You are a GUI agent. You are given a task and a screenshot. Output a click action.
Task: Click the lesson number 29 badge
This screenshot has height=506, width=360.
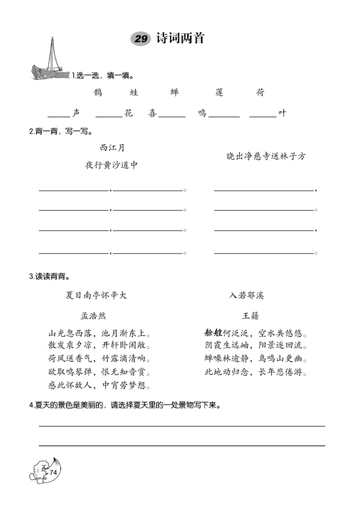140,38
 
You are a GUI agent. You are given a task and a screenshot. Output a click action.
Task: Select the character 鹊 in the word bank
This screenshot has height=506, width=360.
98,92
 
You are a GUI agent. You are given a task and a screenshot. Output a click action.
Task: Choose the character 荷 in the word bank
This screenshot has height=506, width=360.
260,92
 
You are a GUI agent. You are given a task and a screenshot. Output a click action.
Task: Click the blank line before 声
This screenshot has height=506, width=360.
59,115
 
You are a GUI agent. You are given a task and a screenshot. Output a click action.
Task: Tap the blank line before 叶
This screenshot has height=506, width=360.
263,115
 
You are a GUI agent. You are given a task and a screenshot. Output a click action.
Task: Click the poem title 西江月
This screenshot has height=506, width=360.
112,147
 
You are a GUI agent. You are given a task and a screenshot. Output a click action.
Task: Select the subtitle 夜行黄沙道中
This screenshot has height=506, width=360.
111,165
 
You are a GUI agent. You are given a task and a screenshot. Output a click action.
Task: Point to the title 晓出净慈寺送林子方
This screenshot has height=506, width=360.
266,157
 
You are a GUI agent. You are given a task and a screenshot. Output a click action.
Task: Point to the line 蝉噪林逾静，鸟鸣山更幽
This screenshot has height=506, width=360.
256,359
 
